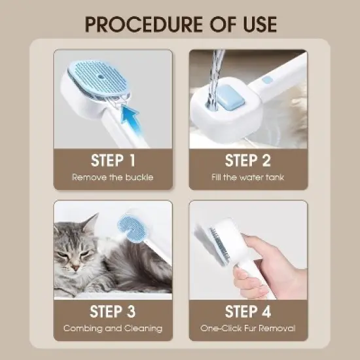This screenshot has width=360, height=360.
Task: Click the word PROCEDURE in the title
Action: (x=135, y=24)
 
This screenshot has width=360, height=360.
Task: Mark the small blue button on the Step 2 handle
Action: (x=266, y=82)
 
